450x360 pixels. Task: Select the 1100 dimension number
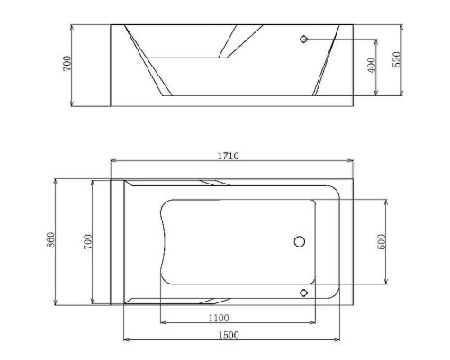(x=217, y=317)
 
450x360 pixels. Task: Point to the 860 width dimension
(x=51, y=240)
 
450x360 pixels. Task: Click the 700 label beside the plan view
(x=87, y=240)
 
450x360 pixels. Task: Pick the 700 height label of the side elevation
(x=68, y=64)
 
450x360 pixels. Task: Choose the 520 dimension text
(x=397, y=59)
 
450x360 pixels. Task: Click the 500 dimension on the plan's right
(x=382, y=241)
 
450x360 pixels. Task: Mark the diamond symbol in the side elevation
(x=304, y=40)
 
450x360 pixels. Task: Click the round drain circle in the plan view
(x=300, y=241)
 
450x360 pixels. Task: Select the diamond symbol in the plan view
(x=304, y=292)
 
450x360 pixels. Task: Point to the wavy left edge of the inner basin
(x=163, y=241)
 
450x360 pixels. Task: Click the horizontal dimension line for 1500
(x=270, y=340)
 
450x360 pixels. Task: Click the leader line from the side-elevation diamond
(x=342, y=40)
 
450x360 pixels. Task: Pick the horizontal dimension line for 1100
(x=270, y=323)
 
